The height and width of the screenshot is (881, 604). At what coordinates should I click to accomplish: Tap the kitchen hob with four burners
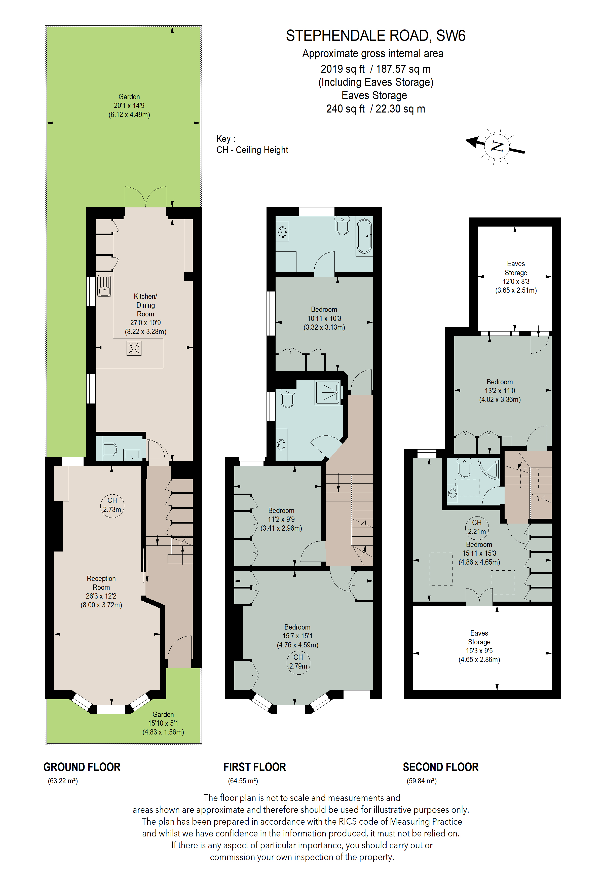pyautogui.click(x=134, y=348)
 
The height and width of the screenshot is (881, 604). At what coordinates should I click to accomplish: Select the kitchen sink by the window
pyautogui.click(x=104, y=286)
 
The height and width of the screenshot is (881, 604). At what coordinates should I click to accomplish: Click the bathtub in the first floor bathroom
pyautogui.click(x=364, y=236)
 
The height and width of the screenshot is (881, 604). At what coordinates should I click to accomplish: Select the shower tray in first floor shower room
pyautogui.click(x=327, y=392)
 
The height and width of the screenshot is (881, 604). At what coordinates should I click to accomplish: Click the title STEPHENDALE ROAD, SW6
pyautogui.click(x=375, y=36)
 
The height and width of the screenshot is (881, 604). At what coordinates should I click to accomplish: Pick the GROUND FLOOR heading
pyautogui.click(x=82, y=767)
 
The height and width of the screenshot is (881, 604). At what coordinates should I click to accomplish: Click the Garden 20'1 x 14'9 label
pyautogui.click(x=129, y=106)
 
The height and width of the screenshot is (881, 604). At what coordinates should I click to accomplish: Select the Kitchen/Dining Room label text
pyautogui.click(x=145, y=305)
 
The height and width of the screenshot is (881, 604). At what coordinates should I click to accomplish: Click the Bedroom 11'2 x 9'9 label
pyautogui.click(x=281, y=519)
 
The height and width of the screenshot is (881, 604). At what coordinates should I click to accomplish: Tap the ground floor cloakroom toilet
pyautogui.click(x=109, y=449)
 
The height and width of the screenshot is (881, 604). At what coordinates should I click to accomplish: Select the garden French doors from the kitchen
pyautogui.click(x=145, y=197)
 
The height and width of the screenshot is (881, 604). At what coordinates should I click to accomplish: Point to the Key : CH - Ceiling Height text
pyautogui.click(x=252, y=144)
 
